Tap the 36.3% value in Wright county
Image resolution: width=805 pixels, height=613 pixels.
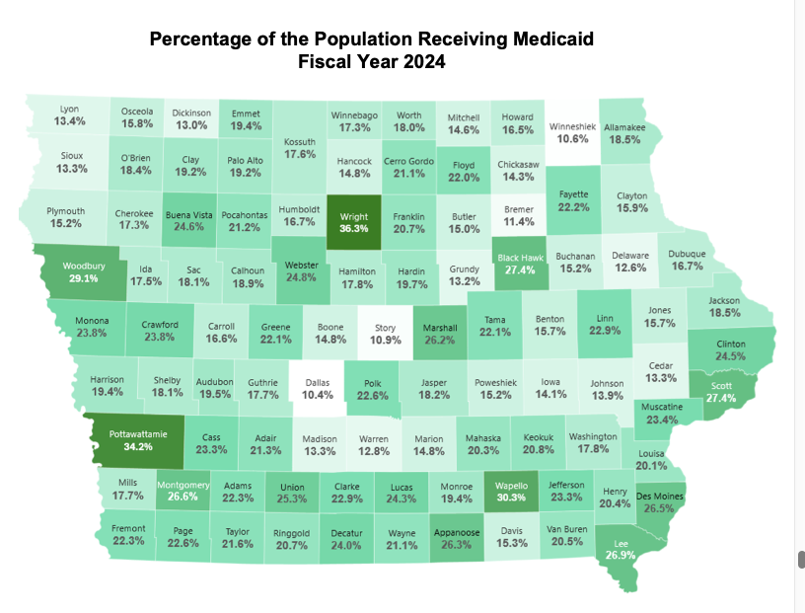tap(353, 228)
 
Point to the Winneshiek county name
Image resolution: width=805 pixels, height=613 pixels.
tap(572, 126)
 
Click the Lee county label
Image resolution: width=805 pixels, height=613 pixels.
tap(622, 542)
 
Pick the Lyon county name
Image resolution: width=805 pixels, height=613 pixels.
tap(69, 109)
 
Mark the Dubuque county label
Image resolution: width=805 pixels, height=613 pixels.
tap(687, 253)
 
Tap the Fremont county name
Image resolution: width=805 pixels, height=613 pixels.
tap(129, 528)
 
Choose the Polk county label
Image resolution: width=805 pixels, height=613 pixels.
tap(372, 382)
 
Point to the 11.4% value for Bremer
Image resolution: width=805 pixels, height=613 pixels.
tap(518, 222)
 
